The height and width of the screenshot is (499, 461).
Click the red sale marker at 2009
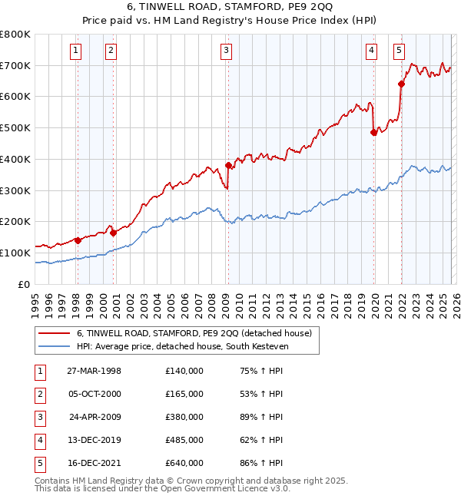pos(228,165)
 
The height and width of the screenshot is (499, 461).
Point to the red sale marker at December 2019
pos(373,132)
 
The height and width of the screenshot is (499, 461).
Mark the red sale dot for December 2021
pos(401,84)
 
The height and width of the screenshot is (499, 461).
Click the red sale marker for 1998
pos(78,240)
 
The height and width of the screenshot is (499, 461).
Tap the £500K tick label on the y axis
pos(15,127)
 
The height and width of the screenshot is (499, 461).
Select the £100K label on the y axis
pos(15,253)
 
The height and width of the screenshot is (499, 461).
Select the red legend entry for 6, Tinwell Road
pos(194,333)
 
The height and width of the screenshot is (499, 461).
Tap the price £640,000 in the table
pos(184,463)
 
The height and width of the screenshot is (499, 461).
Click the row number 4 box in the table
pos(39,441)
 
